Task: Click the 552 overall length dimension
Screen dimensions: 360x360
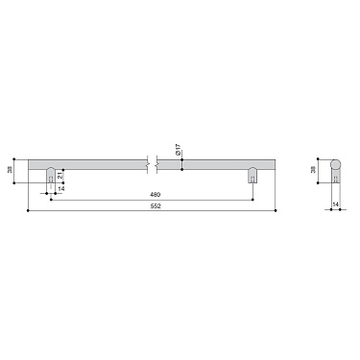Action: pos(155,206)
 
